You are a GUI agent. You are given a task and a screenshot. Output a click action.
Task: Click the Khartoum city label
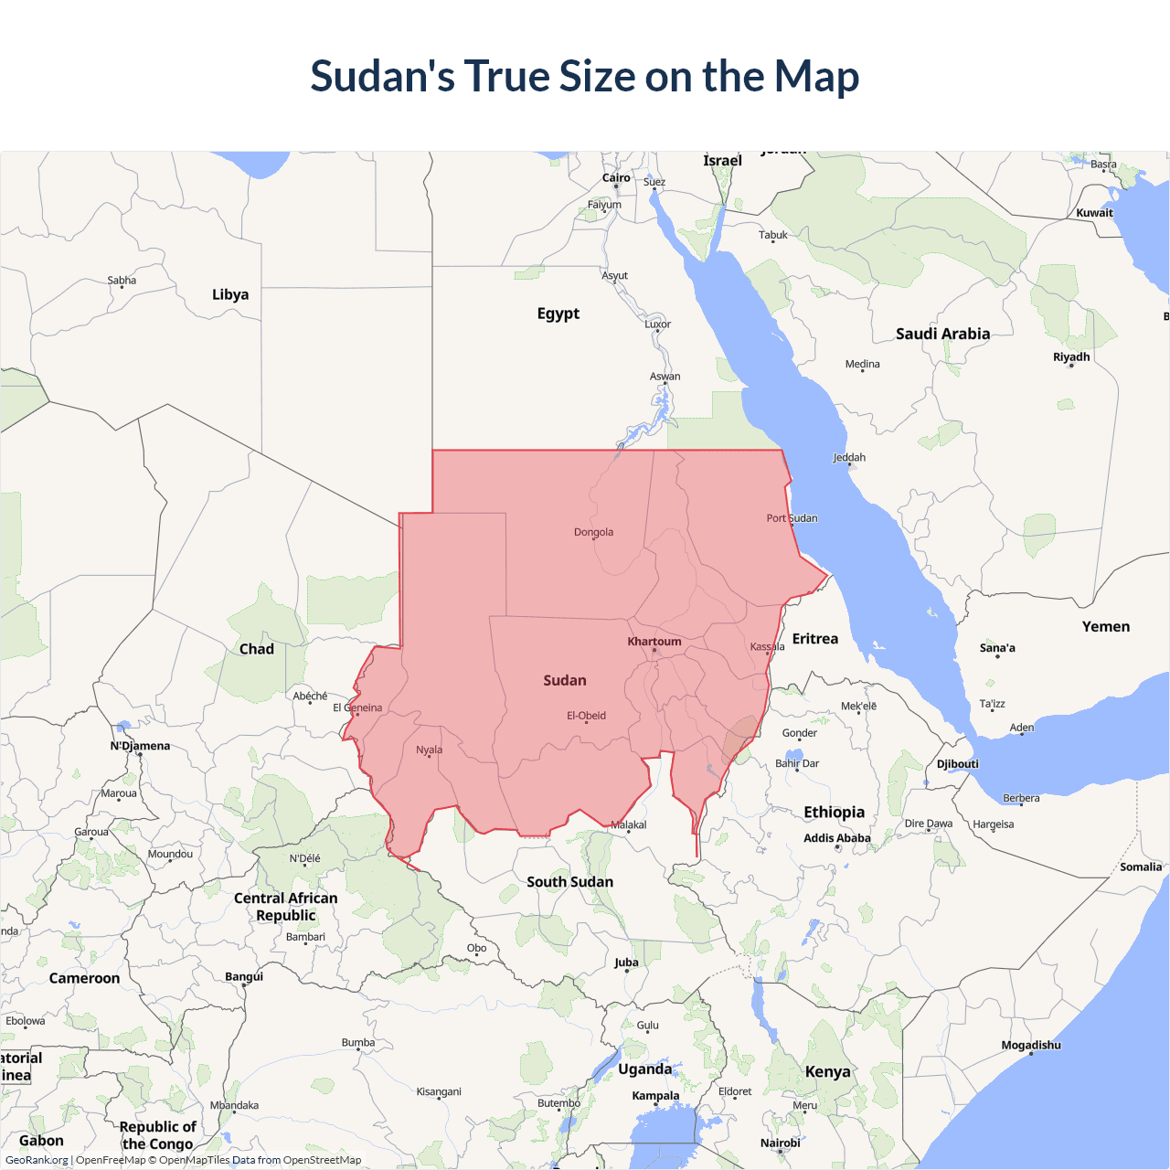(654, 642)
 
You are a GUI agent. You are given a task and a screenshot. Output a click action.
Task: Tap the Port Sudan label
(792, 518)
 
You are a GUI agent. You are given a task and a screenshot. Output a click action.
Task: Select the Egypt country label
(558, 314)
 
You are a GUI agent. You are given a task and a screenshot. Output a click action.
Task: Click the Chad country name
(256, 649)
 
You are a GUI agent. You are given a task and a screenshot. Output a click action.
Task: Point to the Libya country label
(230, 294)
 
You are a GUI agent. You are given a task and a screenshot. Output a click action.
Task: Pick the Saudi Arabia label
(942, 334)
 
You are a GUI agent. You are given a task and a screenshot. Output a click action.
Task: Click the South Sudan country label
(569, 882)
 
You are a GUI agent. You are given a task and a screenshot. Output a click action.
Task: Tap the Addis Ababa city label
(836, 838)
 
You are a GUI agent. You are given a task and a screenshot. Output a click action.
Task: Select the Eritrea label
(814, 639)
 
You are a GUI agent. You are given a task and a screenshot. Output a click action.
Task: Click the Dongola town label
(593, 532)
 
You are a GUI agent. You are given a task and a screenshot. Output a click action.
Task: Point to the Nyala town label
(429, 750)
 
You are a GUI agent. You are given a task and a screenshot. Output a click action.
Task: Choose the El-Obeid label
(586, 716)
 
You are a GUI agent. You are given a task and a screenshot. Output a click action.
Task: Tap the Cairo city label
(616, 178)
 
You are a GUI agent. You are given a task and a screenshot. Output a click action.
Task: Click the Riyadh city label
(1071, 356)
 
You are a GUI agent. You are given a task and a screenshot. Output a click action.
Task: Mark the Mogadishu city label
(1031, 1045)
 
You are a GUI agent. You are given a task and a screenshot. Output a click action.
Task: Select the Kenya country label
(827, 1071)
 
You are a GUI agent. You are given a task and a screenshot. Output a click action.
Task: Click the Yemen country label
(1106, 626)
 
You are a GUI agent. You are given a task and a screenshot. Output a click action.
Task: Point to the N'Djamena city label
(140, 746)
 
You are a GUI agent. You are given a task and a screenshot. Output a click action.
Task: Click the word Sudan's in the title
(382, 76)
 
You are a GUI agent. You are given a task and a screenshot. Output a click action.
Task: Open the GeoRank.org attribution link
(37, 1160)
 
